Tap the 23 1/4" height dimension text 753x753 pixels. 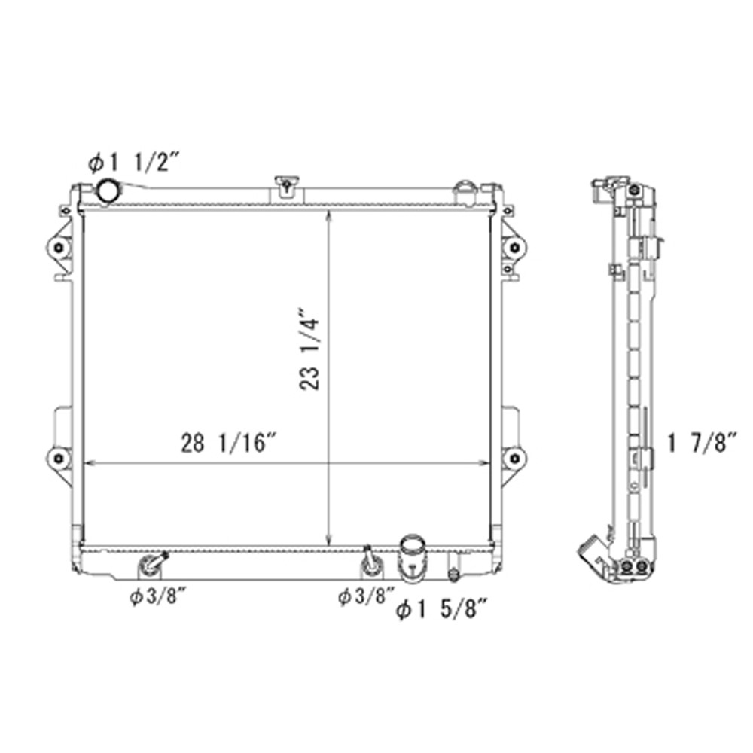[x=309, y=348]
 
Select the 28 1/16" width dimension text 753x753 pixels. [x=230, y=443]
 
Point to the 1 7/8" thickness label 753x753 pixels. [x=702, y=444]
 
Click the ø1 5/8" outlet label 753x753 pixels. [x=442, y=611]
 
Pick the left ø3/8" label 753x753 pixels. [x=157, y=597]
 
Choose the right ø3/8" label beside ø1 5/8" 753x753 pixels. [x=367, y=596]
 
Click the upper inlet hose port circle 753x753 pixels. [x=108, y=191]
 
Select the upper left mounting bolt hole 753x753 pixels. [x=59, y=248]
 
